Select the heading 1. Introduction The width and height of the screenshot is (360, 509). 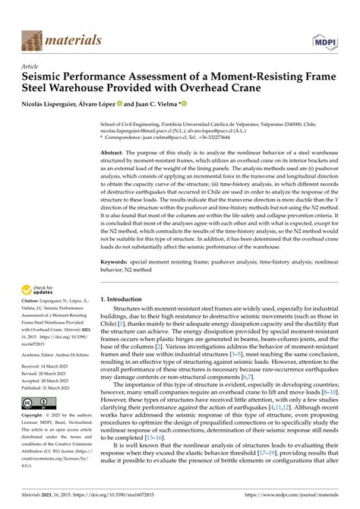pyautogui.click(x=129, y=299)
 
